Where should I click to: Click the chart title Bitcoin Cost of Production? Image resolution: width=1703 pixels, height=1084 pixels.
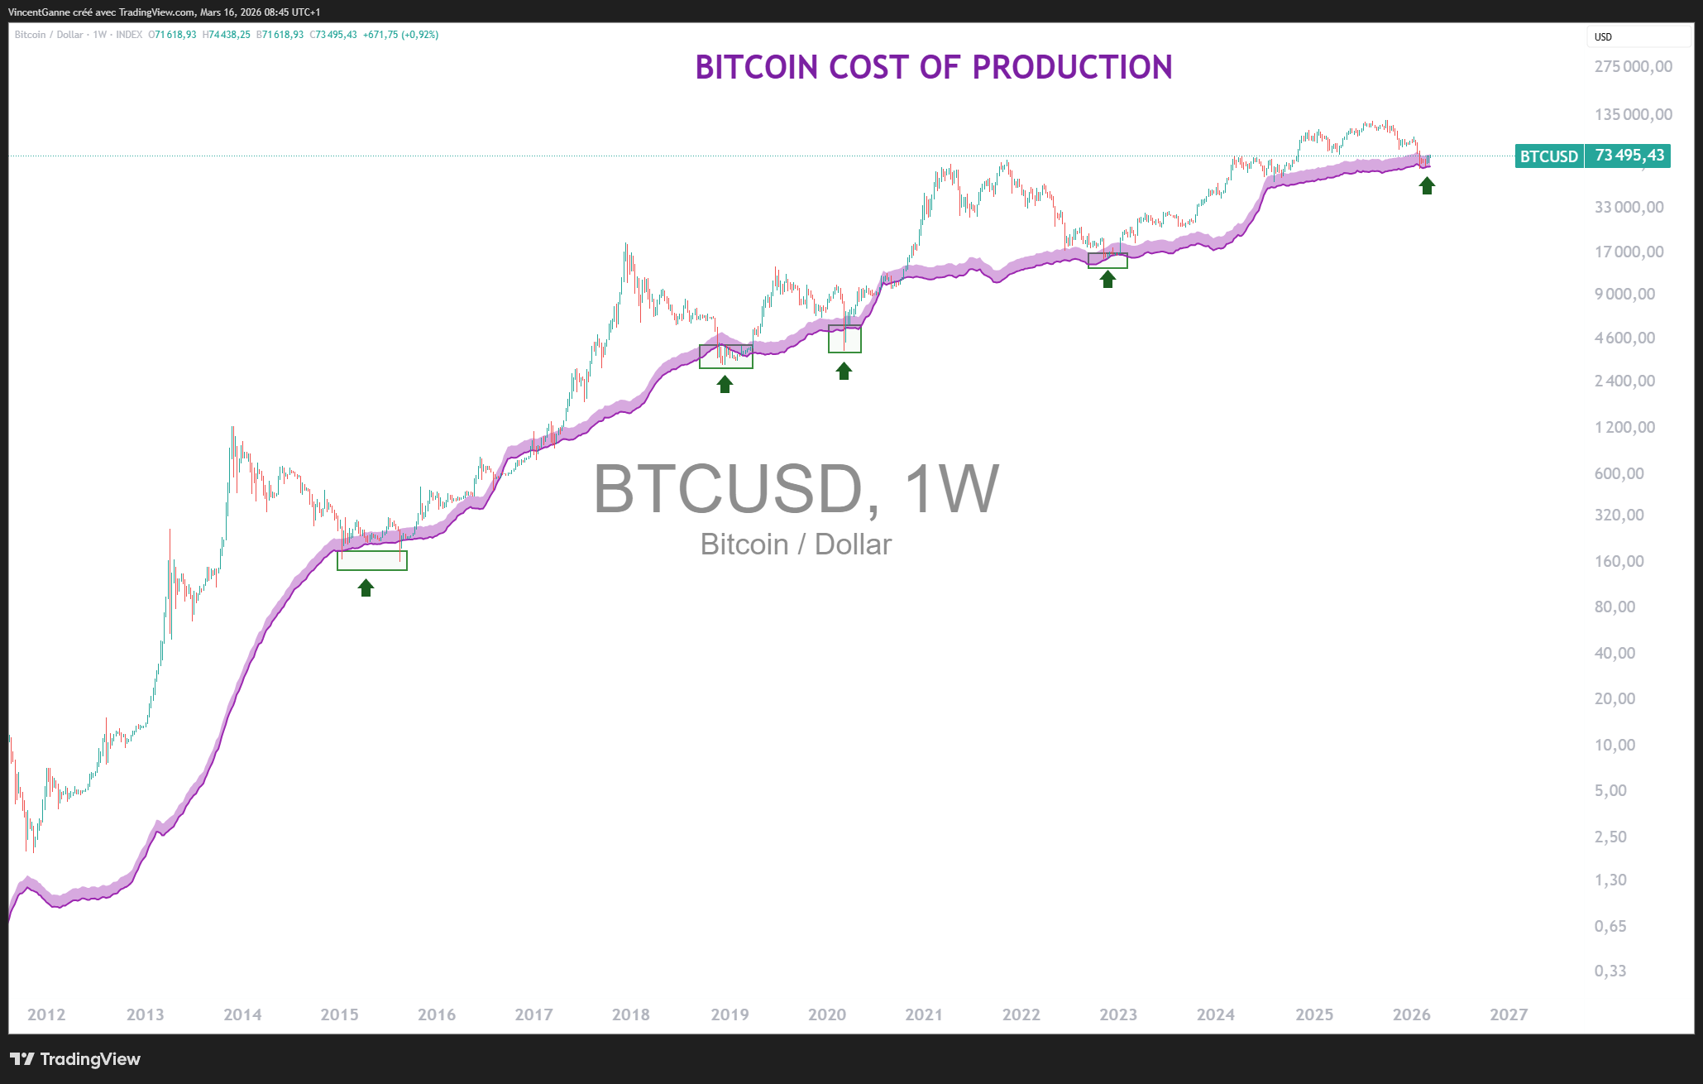(933, 68)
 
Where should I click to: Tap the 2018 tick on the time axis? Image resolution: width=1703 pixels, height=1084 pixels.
(630, 1014)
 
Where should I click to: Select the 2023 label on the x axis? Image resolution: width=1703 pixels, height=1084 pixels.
(1117, 1014)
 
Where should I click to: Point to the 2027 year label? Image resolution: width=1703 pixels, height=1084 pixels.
(1508, 1014)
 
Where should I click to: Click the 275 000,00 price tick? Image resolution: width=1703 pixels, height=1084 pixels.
(1633, 67)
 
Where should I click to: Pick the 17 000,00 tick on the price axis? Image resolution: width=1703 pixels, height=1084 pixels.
(1629, 252)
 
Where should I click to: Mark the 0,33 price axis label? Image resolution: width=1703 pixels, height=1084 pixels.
(1610, 971)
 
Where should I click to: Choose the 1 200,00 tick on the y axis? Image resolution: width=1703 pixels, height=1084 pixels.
(1624, 427)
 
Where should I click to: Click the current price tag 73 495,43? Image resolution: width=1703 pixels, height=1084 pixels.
(1629, 156)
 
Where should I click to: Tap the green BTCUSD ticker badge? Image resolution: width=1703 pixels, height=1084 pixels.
(1548, 156)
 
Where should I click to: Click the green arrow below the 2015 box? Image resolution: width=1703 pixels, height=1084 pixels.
(366, 588)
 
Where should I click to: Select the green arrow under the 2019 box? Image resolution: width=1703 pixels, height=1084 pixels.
(725, 384)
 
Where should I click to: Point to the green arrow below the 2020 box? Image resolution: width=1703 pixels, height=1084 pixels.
(844, 372)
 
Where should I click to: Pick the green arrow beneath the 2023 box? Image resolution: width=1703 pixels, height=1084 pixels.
(1107, 280)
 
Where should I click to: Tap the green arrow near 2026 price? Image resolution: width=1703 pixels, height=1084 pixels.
(1427, 186)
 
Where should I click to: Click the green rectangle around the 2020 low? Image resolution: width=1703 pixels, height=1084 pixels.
(844, 339)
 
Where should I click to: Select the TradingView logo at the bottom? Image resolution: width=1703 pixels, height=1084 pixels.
(75, 1059)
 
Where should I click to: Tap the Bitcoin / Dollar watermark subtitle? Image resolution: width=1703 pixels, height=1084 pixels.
(795, 544)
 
